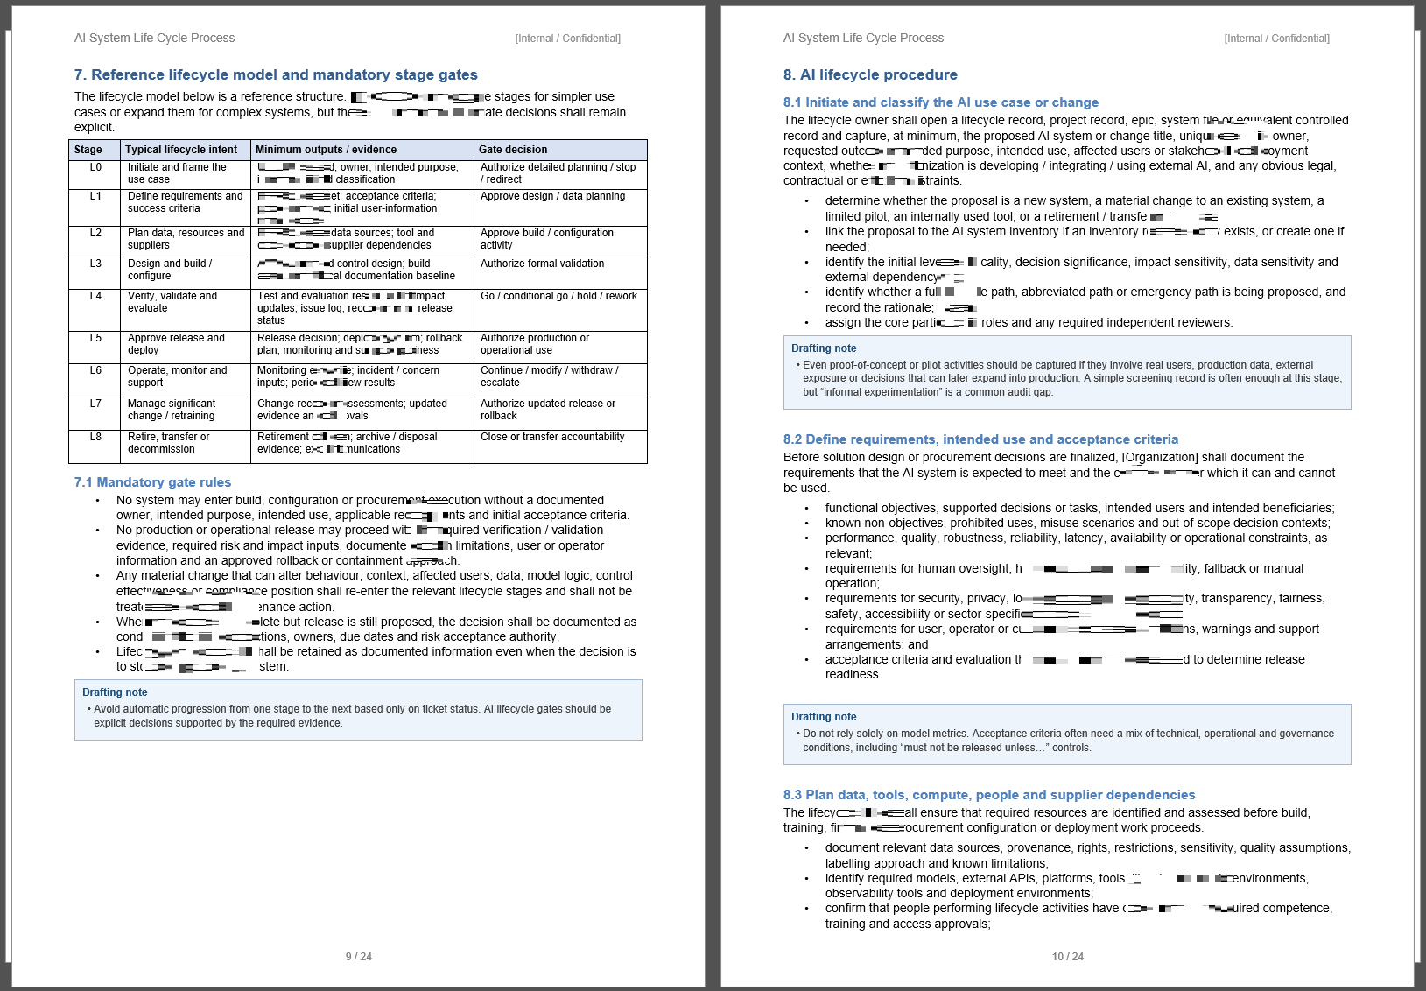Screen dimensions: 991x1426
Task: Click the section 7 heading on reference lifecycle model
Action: pos(276,75)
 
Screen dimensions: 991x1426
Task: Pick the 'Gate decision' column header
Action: pos(513,150)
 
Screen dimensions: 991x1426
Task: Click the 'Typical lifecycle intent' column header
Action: pos(181,150)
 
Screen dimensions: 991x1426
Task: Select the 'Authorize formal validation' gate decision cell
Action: pos(542,264)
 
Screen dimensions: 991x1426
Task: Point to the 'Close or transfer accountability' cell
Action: pos(552,437)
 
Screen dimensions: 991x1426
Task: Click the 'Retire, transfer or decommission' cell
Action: pos(169,443)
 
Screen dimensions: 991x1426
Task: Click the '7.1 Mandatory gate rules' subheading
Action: pos(152,482)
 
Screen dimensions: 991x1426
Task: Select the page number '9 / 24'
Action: pos(359,957)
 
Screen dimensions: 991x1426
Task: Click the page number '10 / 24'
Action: pos(1068,957)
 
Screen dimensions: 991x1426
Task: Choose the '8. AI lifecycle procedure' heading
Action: pos(870,75)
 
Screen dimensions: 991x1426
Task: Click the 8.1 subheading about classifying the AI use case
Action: pos(940,102)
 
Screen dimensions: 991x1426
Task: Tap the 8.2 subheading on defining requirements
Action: pos(980,439)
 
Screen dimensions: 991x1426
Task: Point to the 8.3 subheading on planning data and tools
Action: pos(989,795)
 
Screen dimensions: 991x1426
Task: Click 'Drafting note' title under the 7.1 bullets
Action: pos(115,692)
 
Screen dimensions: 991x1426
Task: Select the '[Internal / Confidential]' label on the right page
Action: pos(1276,39)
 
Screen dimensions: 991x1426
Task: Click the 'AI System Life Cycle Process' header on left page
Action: pos(154,38)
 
